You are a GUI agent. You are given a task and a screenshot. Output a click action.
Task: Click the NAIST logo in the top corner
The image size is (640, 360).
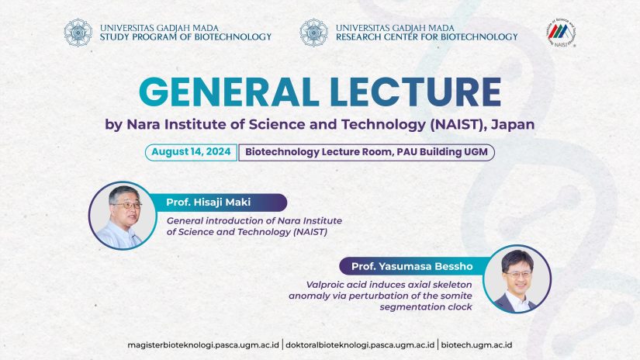(562, 33)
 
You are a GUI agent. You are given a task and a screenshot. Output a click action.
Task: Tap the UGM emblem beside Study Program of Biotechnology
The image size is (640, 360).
(78, 33)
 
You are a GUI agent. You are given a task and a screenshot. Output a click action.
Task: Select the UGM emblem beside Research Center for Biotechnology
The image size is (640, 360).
(313, 33)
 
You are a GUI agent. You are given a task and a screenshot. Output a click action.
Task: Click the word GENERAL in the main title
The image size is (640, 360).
(229, 92)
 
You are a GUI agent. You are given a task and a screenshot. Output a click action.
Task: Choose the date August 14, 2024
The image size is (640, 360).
(191, 152)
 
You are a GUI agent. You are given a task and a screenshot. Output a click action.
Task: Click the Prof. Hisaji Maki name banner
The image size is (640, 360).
(218, 202)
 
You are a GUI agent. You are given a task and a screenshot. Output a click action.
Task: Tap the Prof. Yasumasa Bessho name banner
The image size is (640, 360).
(412, 267)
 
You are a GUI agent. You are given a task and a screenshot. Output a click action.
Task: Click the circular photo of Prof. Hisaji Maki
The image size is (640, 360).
(123, 216)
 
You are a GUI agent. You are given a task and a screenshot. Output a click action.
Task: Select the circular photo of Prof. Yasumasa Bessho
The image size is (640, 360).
(517, 279)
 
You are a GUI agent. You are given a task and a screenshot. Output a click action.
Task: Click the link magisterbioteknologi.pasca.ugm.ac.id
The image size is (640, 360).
(203, 345)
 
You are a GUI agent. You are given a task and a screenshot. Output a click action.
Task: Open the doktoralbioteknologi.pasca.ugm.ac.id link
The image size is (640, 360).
(360, 345)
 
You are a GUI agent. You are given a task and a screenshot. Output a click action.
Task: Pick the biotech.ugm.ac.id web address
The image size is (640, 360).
(476, 345)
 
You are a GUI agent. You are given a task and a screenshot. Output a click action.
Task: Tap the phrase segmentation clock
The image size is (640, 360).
(426, 307)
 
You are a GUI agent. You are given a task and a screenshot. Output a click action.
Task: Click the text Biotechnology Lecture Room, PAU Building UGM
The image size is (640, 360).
(366, 152)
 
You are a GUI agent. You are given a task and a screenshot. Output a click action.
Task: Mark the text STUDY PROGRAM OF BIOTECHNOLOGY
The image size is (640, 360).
(185, 37)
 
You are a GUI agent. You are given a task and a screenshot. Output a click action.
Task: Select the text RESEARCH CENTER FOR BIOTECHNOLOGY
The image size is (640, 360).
(427, 37)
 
